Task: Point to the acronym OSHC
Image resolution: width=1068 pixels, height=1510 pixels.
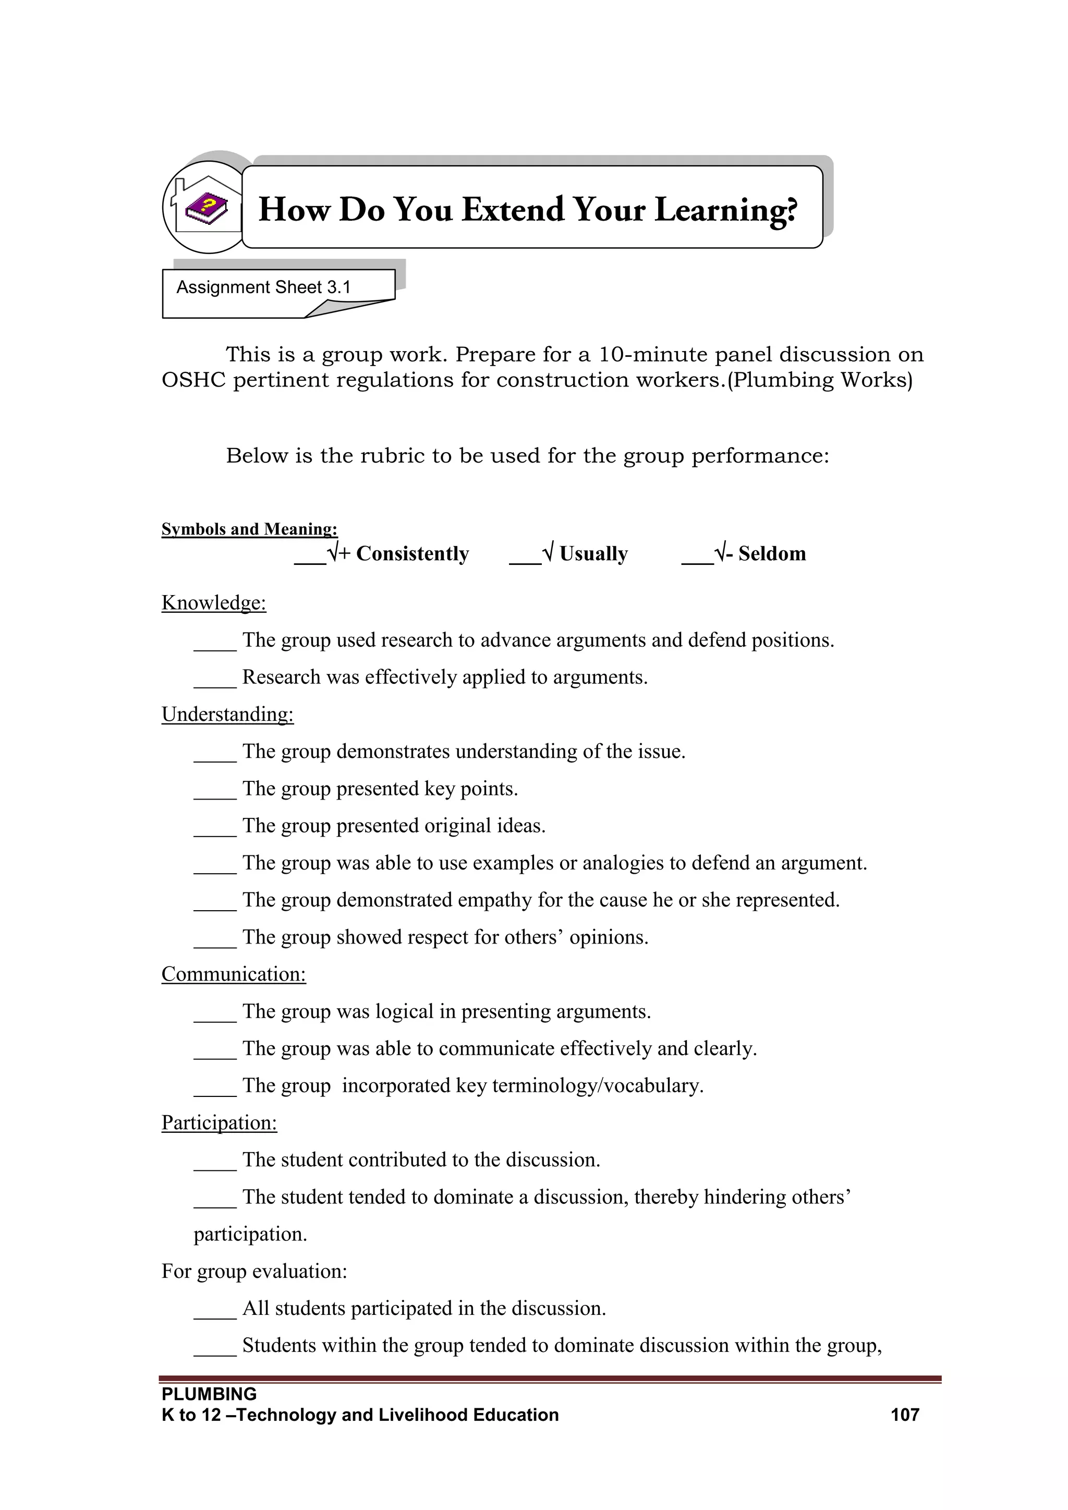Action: click(x=194, y=380)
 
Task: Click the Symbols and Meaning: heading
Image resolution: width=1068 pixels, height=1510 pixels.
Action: click(x=249, y=529)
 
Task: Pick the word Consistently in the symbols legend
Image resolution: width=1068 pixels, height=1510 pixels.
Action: click(x=412, y=554)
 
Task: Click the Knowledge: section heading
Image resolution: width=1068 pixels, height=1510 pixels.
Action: click(x=214, y=602)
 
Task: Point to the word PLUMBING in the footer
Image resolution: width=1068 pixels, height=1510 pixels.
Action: click(x=209, y=1394)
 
